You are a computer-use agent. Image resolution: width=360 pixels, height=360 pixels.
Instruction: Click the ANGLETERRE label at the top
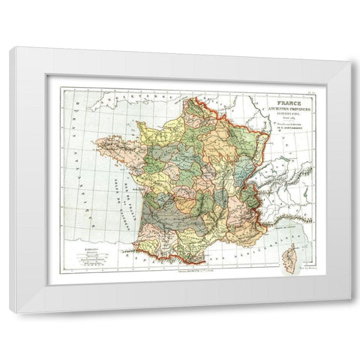(x=120, y=97)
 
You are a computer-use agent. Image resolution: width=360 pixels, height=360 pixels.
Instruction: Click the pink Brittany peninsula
(x=112, y=146)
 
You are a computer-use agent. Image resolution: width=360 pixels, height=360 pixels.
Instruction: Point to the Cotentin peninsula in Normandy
(x=139, y=124)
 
